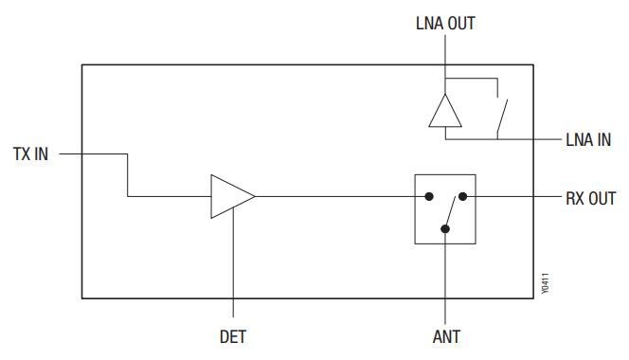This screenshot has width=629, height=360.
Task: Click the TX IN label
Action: click(29, 153)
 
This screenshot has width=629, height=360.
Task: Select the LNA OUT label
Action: click(444, 24)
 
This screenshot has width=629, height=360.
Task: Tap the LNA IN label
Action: click(588, 139)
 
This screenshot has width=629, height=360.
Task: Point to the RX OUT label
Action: click(590, 198)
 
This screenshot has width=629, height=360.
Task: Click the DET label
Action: click(232, 335)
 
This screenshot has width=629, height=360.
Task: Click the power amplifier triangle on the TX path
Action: click(230, 197)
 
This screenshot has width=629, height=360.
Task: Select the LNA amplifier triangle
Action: click(444, 111)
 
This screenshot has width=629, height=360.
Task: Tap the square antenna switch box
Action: click(444, 209)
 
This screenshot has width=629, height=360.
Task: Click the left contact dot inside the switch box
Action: click(429, 197)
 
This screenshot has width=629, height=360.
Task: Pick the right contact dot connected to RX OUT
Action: click(464, 197)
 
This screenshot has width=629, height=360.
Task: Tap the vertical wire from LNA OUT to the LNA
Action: click(444, 66)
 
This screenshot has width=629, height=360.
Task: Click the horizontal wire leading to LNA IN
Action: click(530, 139)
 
